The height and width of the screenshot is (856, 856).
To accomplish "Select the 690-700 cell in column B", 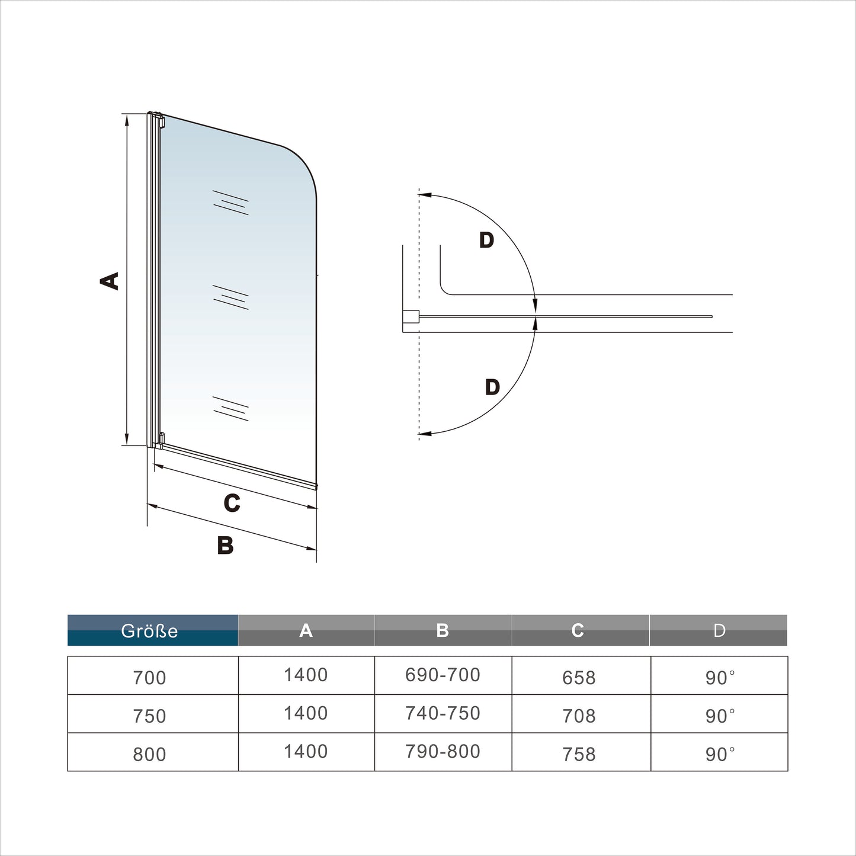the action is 443,675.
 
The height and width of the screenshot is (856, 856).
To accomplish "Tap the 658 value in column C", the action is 578,678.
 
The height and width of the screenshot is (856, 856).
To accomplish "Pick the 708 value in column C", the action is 578,716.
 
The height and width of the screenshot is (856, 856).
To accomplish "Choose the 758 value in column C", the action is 578,754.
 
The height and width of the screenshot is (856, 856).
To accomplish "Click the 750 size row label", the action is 149,716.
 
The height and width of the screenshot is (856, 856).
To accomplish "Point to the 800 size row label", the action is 149,754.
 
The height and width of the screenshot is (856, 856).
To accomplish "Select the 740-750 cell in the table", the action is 443,713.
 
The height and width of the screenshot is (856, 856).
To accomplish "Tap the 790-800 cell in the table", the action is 443,752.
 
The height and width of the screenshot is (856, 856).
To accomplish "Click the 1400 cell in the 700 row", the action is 306,675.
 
